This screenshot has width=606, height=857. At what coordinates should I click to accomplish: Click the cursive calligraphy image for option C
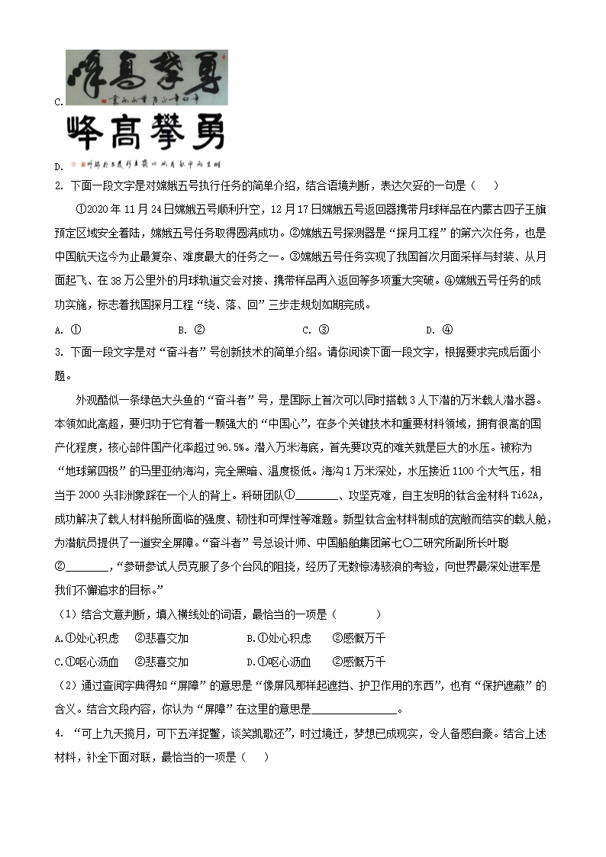(x=146, y=77)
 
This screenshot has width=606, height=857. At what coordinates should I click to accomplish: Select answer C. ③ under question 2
(x=315, y=330)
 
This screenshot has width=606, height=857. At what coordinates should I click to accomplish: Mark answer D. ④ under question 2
(x=439, y=330)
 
